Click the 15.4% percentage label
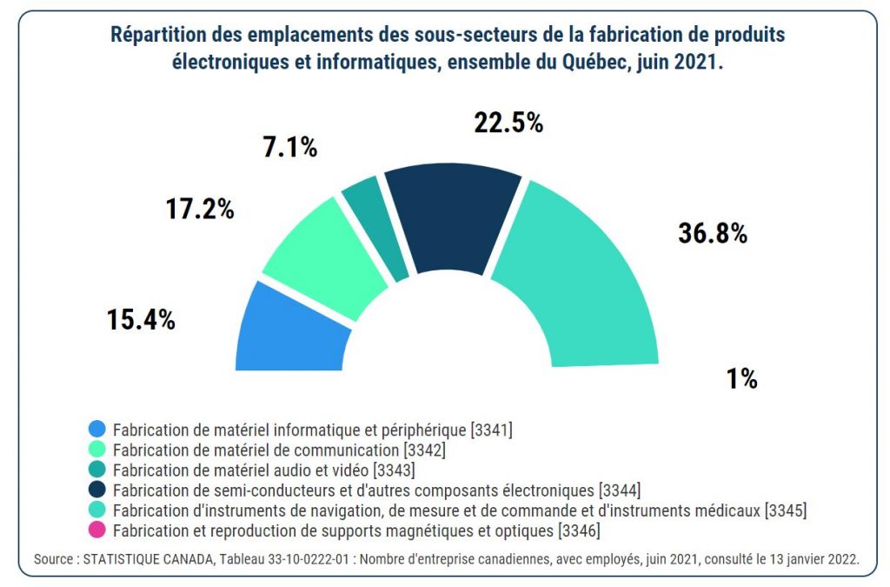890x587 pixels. pos(142,319)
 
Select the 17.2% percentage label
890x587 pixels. pos(200,209)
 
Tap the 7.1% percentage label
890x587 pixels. pos(289,147)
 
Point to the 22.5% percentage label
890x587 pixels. pos(508,123)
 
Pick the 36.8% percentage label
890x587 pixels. pos(713,233)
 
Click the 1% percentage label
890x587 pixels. pos(742,379)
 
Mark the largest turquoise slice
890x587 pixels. pos(582,278)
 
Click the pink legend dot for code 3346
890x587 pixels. pos(97,530)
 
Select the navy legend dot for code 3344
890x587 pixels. pos(97,490)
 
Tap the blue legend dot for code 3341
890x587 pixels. pos(97,429)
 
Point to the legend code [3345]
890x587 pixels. pos(785,510)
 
